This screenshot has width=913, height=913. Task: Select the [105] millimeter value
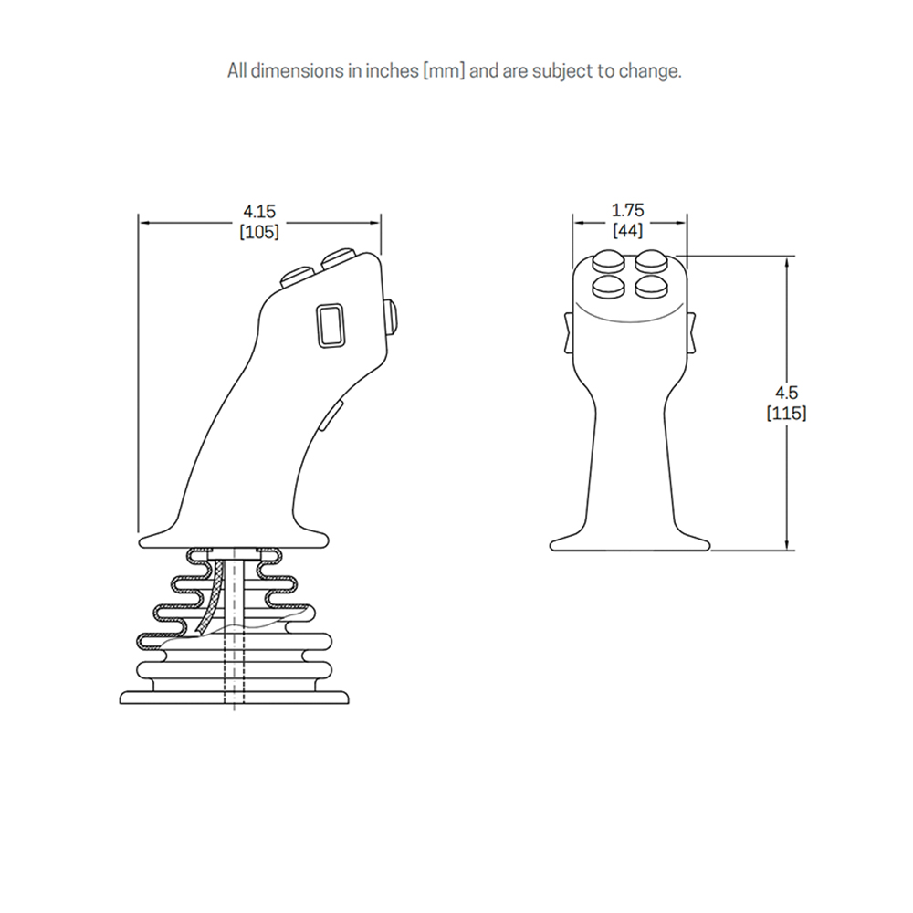click(259, 232)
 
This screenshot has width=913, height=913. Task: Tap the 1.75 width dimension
click(628, 210)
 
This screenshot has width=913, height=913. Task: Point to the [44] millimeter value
click(628, 231)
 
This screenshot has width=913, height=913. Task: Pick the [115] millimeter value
click(786, 413)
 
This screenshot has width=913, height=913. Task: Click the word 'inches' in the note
click(392, 70)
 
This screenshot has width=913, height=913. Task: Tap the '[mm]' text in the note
click(445, 71)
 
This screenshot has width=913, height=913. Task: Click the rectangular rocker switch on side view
click(331, 326)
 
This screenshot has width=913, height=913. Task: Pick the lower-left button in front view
click(608, 287)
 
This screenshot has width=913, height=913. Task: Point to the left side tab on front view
click(570, 332)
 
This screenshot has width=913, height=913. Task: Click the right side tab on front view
click(690, 332)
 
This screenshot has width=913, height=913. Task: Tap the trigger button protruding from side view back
click(393, 318)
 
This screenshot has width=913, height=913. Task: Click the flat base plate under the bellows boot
click(234, 697)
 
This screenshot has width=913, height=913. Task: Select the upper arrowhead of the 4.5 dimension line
click(787, 263)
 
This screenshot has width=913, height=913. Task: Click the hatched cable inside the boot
click(211, 598)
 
